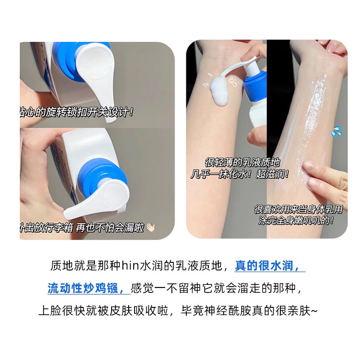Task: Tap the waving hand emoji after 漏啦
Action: click(x=150, y=228)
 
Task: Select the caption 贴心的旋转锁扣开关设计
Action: click(x=76, y=111)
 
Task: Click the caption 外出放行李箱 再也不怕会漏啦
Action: click(x=83, y=228)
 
